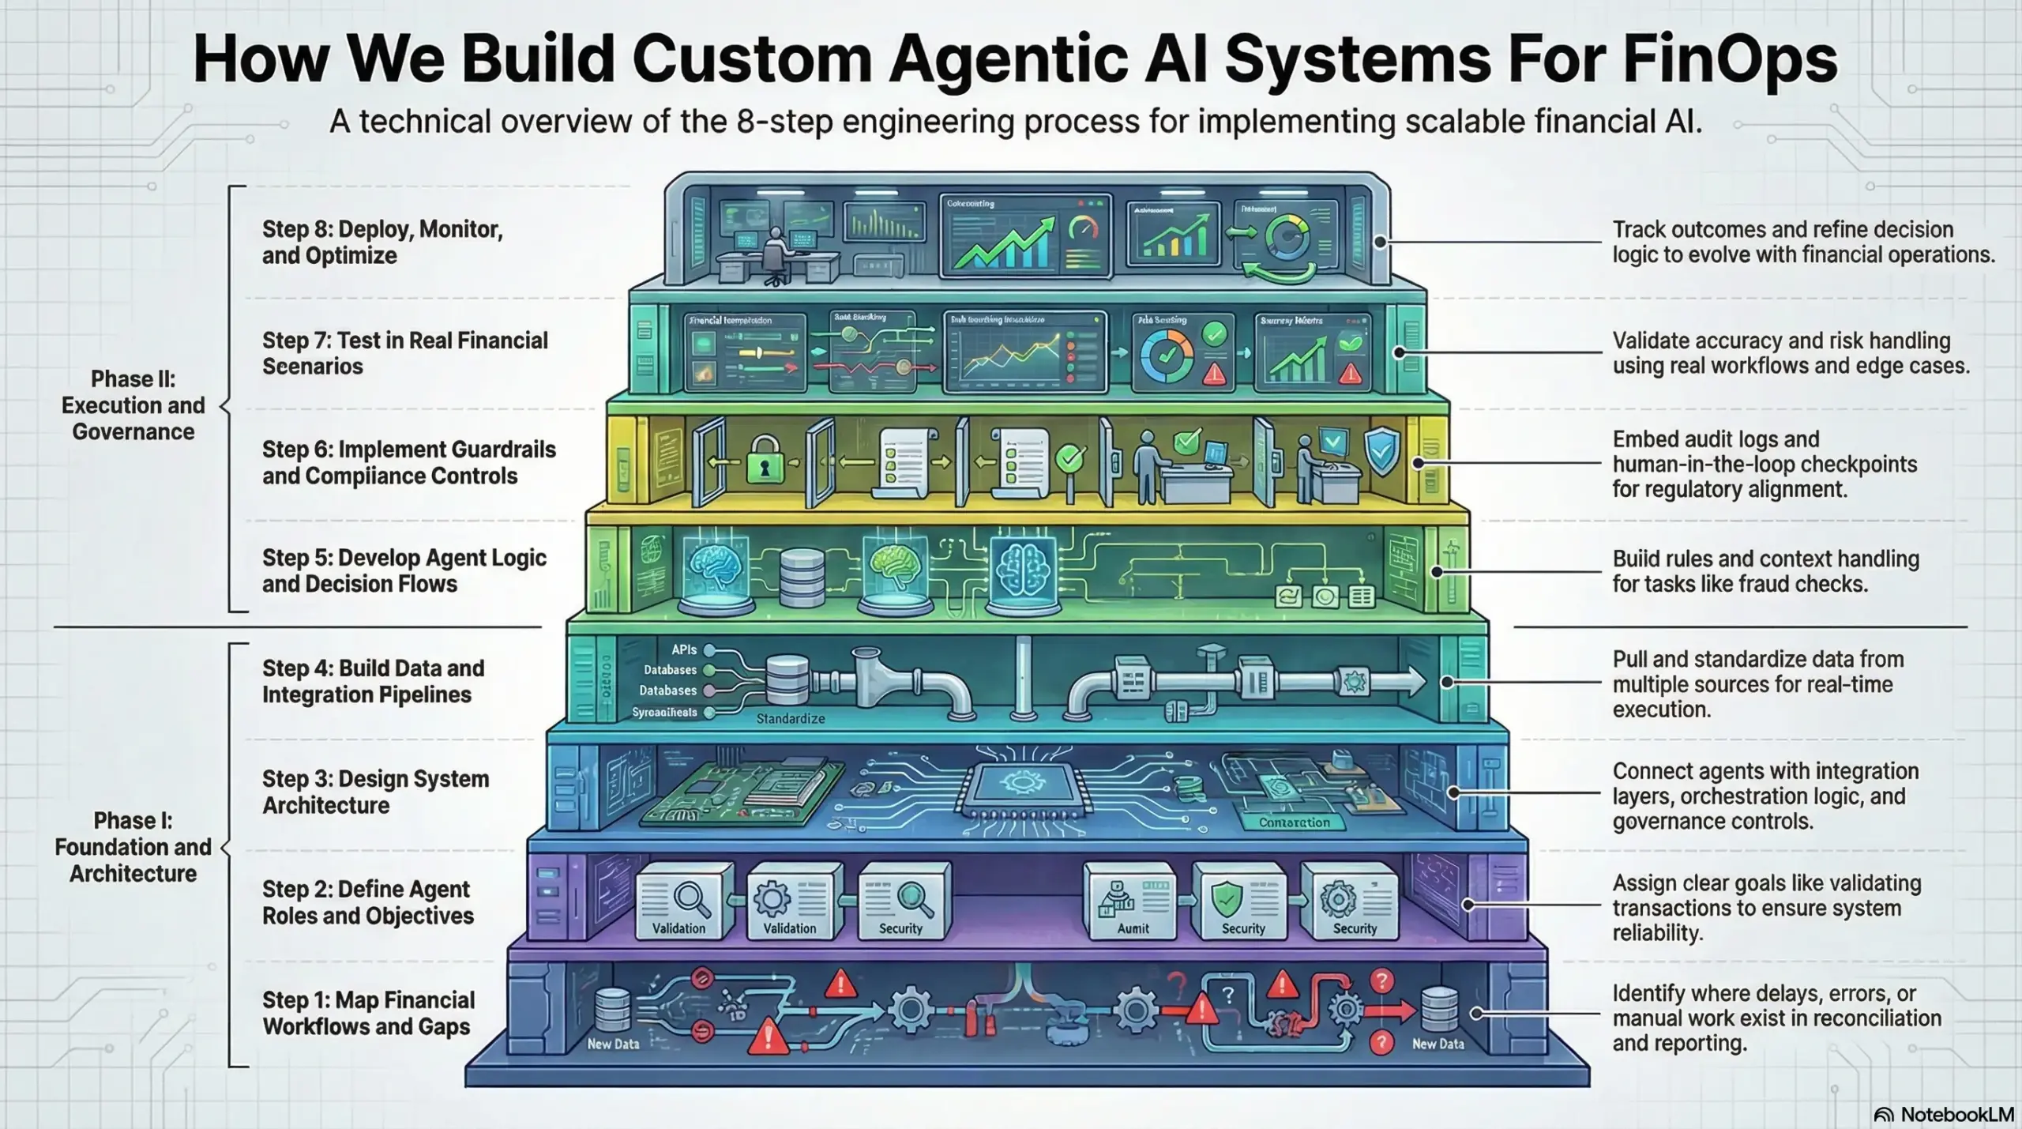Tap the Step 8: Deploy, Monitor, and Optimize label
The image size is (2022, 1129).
point(382,243)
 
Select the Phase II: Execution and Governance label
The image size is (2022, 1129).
point(133,405)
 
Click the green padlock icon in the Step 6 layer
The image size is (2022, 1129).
point(764,462)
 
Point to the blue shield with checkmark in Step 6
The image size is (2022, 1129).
point(1381,452)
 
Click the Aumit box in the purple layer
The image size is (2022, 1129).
point(1132,901)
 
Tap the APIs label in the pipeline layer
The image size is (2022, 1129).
point(684,649)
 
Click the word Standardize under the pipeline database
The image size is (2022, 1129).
point(790,719)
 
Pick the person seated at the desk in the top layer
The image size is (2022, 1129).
point(776,254)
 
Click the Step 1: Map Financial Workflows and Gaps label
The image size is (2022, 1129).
point(368,1013)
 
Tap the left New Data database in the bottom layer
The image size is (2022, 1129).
point(612,1012)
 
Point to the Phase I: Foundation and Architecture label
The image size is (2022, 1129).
point(133,847)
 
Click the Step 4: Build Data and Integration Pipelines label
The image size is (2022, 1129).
point(373,681)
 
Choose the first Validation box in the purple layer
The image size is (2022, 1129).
point(678,901)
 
